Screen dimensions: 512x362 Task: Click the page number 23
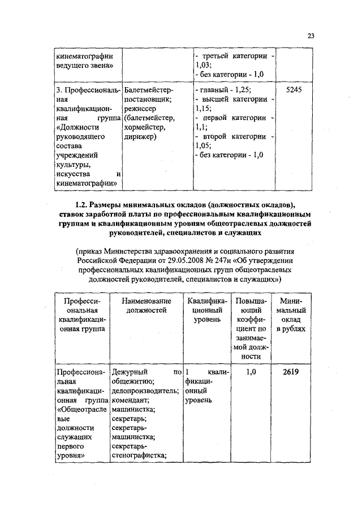click(x=311, y=36)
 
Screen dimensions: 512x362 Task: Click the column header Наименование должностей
click(x=146, y=306)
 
